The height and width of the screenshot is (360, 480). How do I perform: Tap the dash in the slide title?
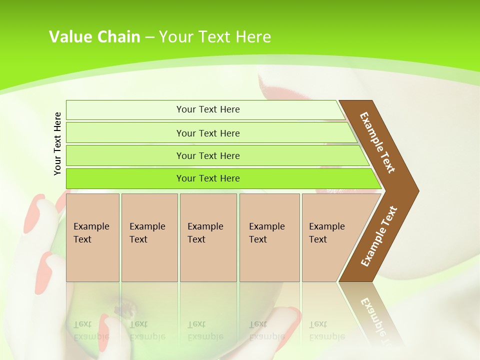[x=149, y=37]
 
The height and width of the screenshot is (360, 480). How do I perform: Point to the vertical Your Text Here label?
[x=57, y=143]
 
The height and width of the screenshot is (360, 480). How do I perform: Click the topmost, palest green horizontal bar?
[x=207, y=109]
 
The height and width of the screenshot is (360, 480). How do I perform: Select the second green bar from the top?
[x=207, y=133]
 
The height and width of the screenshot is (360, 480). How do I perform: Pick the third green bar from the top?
[x=207, y=155]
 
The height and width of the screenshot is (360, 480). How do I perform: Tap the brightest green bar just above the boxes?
[x=207, y=178]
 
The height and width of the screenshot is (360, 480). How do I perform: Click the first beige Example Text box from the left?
[x=92, y=237]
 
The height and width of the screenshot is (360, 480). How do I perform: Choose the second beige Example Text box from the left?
[x=149, y=237]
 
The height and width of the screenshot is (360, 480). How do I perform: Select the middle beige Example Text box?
[x=208, y=237]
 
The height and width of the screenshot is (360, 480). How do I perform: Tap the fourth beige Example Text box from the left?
[x=269, y=237]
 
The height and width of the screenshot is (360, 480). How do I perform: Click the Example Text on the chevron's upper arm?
[x=377, y=142]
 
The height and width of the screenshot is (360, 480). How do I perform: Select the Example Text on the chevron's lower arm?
[x=379, y=236]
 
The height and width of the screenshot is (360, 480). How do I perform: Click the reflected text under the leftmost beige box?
[x=91, y=331]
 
